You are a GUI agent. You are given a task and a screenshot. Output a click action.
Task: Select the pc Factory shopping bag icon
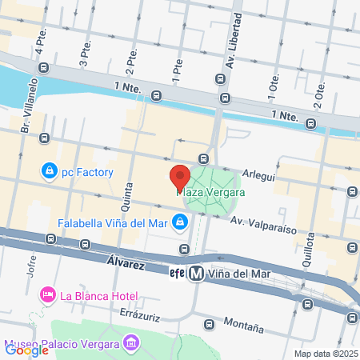coord(50,171)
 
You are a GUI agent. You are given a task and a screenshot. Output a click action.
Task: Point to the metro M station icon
coord(195,273)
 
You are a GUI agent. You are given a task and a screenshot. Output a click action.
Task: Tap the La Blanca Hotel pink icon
coord(48,295)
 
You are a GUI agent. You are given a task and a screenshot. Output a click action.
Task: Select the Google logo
coord(26,349)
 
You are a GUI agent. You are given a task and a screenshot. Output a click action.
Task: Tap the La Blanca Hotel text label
coord(93,295)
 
